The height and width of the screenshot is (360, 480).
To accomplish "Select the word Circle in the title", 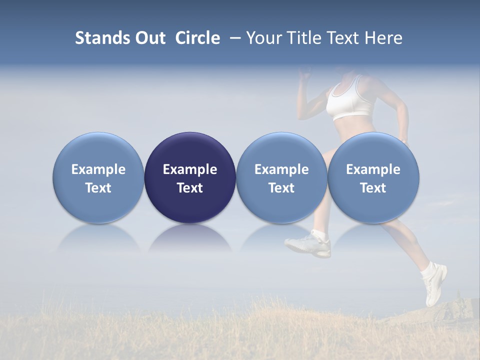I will pos(197,38).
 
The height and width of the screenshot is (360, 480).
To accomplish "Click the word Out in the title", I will pos(148,38).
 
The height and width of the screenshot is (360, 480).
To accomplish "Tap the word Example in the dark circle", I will pos(190,169).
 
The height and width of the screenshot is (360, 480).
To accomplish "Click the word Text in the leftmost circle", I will pos(98,188).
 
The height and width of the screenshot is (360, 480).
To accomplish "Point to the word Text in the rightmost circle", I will pos(373,188).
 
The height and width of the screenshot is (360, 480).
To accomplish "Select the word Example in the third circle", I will pos(281,169).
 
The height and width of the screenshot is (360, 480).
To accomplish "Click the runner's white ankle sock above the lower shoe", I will pos(428,270).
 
